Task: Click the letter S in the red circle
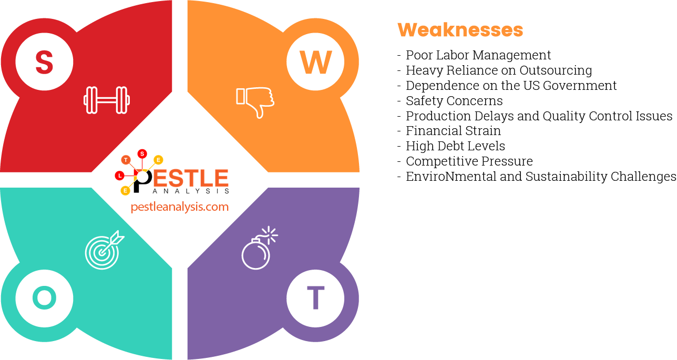[44, 61]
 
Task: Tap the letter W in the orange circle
[316, 62]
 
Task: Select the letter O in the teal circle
[44, 299]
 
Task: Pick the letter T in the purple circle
[315, 299]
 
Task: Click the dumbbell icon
[107, 100]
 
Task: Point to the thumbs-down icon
[255, 101]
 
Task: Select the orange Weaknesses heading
[460, 30]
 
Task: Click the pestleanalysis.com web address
[180, 207]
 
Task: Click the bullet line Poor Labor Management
[478, 55]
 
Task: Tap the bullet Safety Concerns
[454, 101]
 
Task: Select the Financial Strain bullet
[453, 131]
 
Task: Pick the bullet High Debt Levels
[455, 146]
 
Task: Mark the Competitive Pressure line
[469, 161]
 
